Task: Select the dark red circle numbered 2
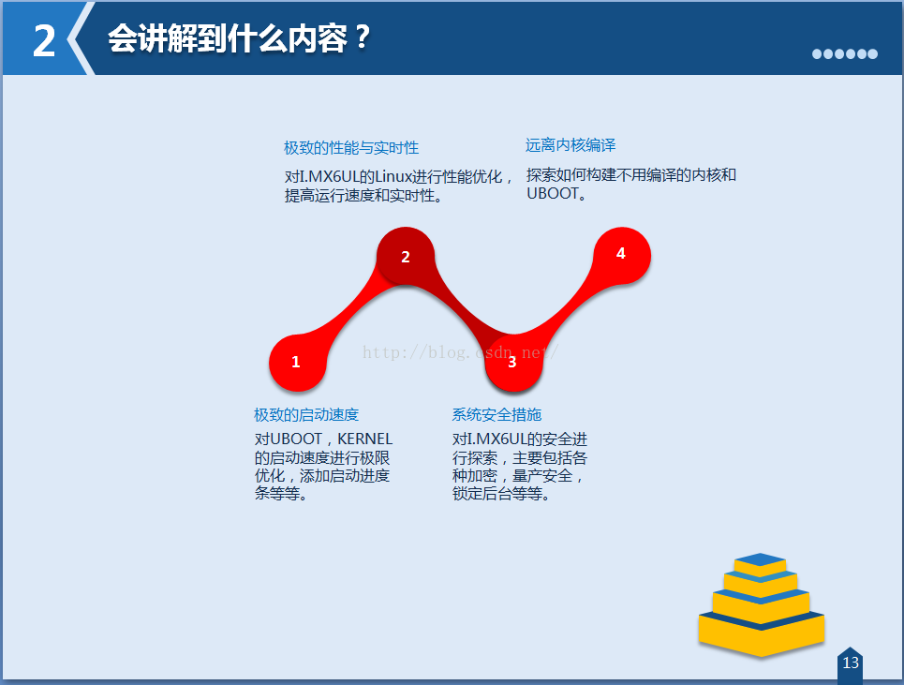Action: [406, 256]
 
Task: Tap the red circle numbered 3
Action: [513, 363]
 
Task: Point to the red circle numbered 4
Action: [622, 256]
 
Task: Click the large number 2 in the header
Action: [44, 41]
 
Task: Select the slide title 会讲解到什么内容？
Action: [239, 38]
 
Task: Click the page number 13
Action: [851, 663]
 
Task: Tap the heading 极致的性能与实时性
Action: [351, 148]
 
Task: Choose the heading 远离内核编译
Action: [571, 144]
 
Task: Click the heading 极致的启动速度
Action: [306, 414]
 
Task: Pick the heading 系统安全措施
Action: [496, 414]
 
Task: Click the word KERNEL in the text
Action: [365, 439]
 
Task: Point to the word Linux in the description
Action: [393, 176]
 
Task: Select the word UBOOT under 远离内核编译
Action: [553, 194]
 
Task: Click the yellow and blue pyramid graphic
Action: [761, 604]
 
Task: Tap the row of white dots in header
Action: [845, 53]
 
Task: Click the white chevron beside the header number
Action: [81, 38]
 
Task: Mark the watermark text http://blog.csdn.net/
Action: [460, 351]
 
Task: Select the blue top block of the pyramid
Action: [761, 559]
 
